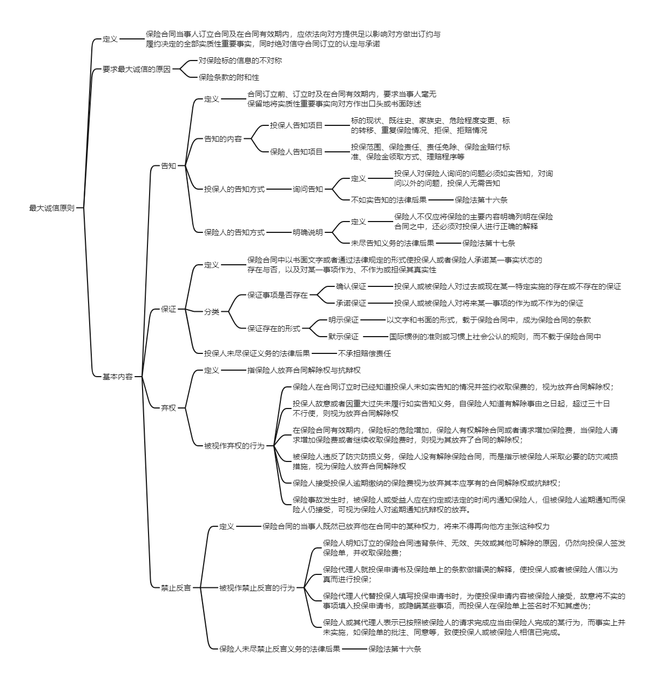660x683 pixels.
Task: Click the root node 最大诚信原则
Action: tap(52, 207)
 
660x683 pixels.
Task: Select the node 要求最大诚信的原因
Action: tap(137, 69)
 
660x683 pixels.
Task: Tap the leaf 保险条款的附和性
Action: tap(229, 77)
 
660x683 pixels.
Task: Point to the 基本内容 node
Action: tap(117, 377)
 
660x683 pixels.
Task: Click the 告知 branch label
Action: tap(169, 166)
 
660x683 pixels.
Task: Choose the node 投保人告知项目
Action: tap(297, 125)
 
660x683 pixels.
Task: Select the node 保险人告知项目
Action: tap(297, 152)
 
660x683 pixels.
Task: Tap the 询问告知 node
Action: tap(308, 189)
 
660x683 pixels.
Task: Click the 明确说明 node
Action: tap(308, 232)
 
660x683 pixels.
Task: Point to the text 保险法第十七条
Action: tap(489, 243)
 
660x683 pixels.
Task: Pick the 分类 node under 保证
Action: tap(212, 312)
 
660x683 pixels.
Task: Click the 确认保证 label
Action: tap(351, 286)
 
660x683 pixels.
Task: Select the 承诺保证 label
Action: tap(351, 303)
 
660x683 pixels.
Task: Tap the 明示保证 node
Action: tap(344, 320)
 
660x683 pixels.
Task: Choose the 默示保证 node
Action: tap(344, 337)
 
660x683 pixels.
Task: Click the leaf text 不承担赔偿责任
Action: tap(364, 353)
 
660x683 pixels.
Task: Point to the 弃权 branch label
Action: tap(169, 408)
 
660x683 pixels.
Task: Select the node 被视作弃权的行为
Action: tap(234, 446)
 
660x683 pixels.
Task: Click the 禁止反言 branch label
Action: tap(176, 587)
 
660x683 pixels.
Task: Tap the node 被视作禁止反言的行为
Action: tap(257, 587)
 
